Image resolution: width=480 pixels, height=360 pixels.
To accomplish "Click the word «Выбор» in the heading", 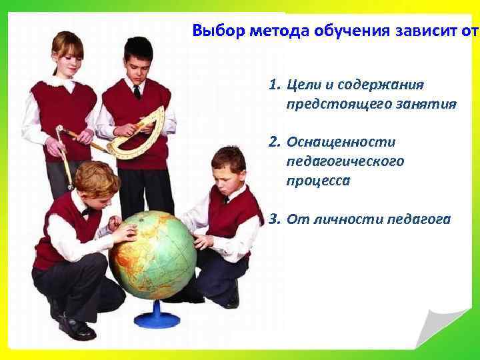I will coord(214,31).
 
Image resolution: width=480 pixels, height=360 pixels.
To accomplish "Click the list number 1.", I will coord(273,86).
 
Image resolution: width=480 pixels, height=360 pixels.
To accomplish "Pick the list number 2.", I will coord(273,142).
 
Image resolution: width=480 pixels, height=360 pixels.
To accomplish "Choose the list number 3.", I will coord(273,218).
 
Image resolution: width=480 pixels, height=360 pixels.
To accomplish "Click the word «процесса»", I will coord(318,180).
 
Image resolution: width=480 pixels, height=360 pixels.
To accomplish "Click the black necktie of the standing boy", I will coord(136,91).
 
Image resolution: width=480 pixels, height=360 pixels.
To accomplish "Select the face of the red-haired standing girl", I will coord(69,55).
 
